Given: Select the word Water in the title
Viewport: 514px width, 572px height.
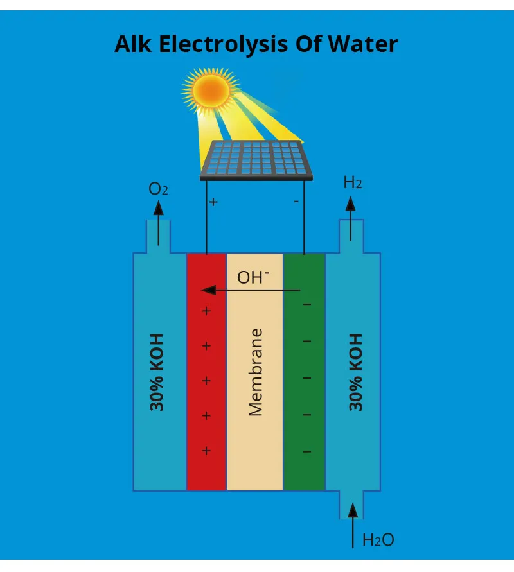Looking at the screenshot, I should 363,44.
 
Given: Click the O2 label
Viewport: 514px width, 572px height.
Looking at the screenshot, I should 158,189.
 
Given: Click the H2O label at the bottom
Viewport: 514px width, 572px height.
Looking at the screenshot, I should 378,540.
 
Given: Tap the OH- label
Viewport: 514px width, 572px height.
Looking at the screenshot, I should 253,277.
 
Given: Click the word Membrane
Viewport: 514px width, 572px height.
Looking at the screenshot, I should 256,372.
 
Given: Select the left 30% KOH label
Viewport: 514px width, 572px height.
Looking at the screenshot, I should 157,372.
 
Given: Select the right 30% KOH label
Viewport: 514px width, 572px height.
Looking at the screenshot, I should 355,372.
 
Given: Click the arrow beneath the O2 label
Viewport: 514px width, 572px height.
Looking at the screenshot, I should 158,221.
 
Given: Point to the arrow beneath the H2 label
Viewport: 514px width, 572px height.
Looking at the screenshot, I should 350,219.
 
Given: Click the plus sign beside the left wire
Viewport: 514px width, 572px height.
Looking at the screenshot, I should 213,202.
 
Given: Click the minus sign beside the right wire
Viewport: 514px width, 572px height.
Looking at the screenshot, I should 296,202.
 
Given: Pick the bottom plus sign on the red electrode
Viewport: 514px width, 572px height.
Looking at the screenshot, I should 206,451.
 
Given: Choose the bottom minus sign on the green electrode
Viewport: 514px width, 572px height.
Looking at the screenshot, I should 307,452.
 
